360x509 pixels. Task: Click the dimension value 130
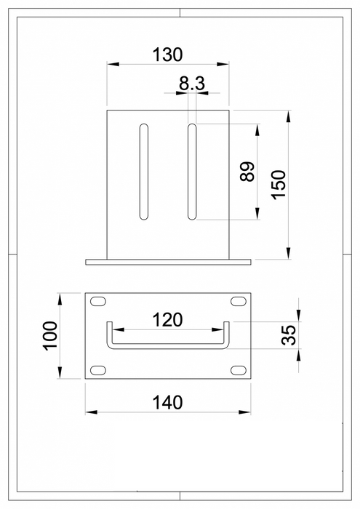point(167,54)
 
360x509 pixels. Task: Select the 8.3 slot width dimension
point(192,84)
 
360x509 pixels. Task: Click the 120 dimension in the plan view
point(167,319)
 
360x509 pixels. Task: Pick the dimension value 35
point(289,335)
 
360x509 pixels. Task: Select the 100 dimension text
point(49,336)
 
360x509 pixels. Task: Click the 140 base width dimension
point(167,401)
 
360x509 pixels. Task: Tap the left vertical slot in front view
point(144,172)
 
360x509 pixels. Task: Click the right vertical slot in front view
point(192,172)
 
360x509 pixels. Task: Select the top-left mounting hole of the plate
point(97,301)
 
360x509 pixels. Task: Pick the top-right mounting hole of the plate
point(237,301)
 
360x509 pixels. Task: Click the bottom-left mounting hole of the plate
point(97,371)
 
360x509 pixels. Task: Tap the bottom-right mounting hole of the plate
point(237,371)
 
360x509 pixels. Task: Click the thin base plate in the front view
point(167,261)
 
